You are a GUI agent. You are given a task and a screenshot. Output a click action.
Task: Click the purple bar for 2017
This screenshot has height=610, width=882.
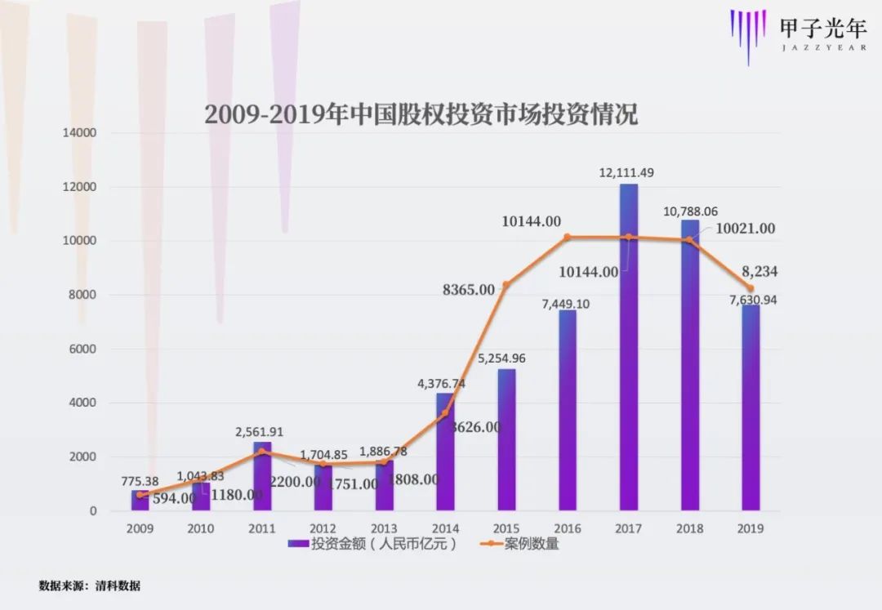[629, 351]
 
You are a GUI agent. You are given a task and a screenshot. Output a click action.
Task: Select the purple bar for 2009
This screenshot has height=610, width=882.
[140, 501]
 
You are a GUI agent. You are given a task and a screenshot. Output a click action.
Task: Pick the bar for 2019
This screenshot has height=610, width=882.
[751, 408]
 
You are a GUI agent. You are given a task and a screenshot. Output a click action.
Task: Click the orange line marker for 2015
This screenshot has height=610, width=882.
[506, 284]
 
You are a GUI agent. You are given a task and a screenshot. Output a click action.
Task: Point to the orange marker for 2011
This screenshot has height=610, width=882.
[262, 452]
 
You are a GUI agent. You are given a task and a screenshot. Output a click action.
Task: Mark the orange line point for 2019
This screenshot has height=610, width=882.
[751, 288]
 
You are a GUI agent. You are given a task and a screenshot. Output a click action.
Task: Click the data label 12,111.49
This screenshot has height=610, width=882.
[626, 172]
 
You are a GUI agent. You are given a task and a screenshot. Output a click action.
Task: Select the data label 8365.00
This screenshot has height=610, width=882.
[468, 289]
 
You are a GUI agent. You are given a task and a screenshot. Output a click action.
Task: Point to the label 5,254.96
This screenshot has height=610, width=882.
[502, 358]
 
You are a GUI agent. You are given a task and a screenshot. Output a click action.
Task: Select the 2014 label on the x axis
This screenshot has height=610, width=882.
[445, 528]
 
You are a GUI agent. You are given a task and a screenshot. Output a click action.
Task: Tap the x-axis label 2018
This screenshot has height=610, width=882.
[689, 528]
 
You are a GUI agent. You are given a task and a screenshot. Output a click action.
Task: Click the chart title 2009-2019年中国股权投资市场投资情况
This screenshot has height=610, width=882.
[421, 114]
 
